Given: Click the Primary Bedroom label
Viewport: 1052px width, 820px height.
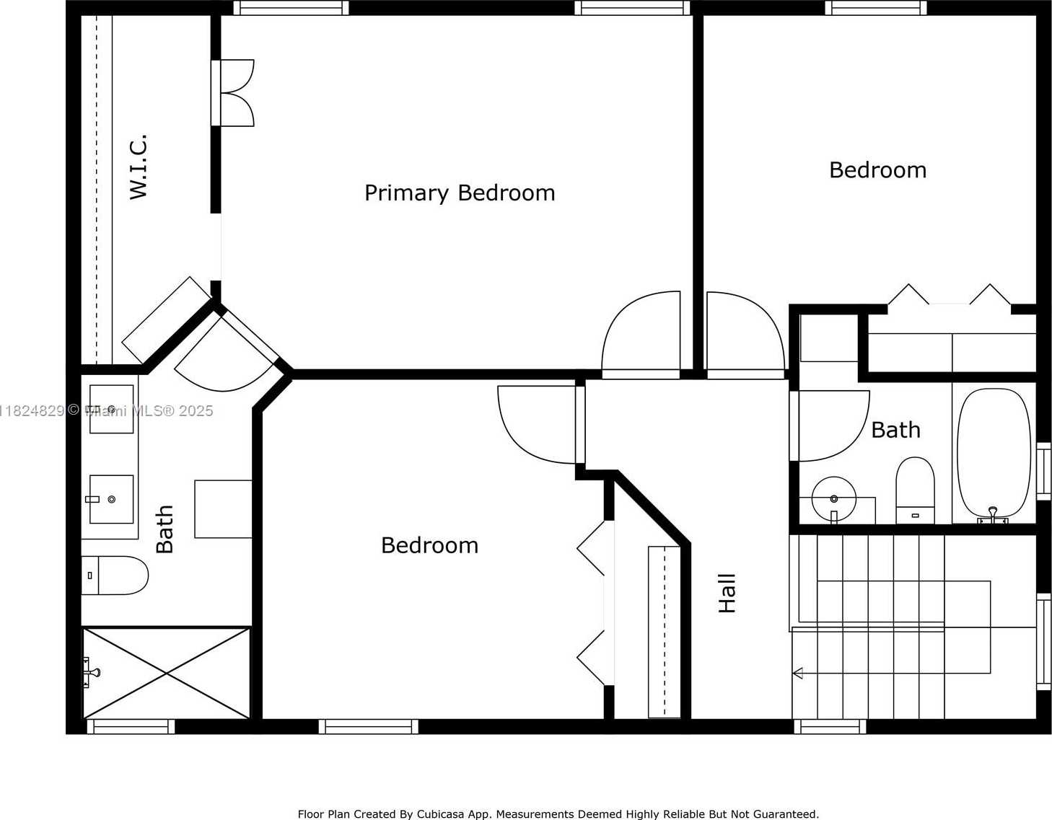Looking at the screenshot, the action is (x=460, y=193).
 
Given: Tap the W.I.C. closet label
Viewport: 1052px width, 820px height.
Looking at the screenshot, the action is (x=139, y=167).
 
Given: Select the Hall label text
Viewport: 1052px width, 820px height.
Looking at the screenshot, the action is (x=727, y=593).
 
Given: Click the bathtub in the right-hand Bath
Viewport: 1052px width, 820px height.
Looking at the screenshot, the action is (x=994, y=457).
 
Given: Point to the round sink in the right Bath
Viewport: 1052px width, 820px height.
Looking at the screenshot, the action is (x=833, y=499).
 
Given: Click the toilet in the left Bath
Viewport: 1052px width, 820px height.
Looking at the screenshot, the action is (x=115, y=576).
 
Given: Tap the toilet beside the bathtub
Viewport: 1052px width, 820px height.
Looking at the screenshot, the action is (x=915, y=490).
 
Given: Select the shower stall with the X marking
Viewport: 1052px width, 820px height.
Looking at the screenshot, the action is (x=167, y=673).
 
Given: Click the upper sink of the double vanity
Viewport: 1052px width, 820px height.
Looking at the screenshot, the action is (x=111, y=409).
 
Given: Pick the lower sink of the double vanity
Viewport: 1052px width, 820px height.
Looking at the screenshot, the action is (x=111, y=499).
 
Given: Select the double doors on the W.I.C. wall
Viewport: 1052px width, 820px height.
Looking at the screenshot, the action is (x=233, y=93).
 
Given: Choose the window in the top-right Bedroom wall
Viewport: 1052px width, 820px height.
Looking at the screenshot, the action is (x=876, y=8).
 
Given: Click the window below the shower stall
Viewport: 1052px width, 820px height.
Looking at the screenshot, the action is (x=131, y=727).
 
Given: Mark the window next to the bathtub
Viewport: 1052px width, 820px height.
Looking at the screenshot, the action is (x=1043, y=471).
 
